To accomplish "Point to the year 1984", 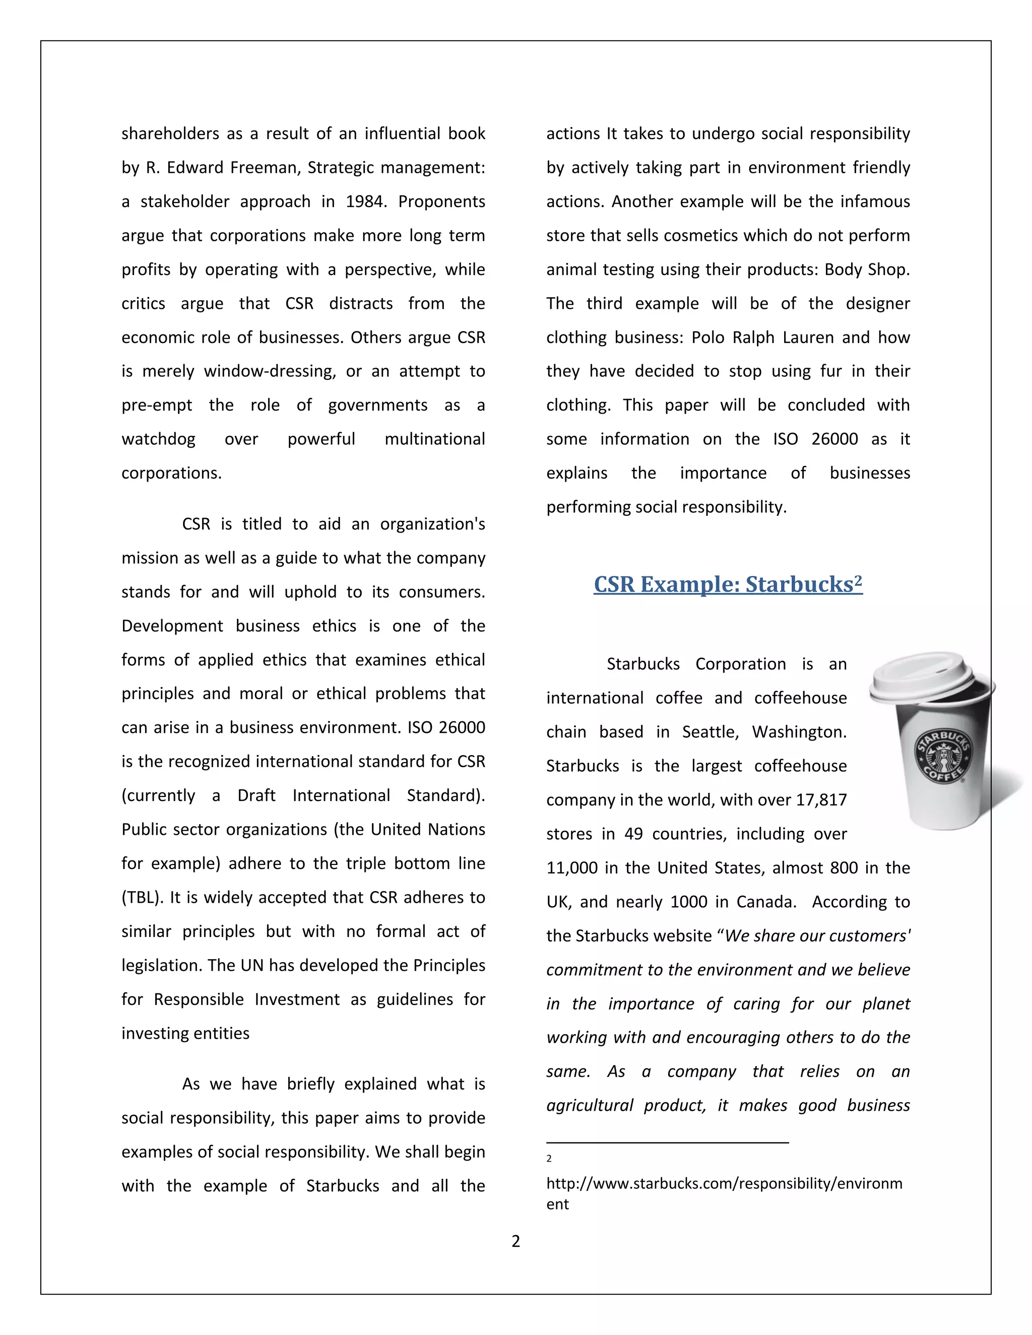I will click(365, 202).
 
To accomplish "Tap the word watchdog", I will click(158, 439).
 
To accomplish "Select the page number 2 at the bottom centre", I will click(515, 1241).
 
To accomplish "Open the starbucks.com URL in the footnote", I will click(724, 1183).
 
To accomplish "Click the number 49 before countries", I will click(633, 834).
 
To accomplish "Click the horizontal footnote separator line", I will click(667, 1142).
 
